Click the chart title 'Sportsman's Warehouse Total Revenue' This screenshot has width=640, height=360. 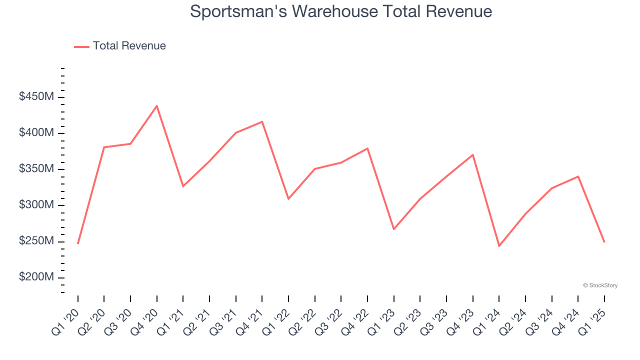click(341, 11)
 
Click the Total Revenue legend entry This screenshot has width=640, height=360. click(120, 46)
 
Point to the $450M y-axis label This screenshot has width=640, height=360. click(36, 96)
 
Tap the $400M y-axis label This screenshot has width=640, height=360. click(36, 133)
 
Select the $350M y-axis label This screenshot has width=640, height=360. click(36, 169)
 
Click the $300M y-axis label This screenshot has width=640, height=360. click(36, 205)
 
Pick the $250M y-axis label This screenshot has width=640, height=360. click(36, 241)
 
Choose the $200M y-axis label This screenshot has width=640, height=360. click(36, 277)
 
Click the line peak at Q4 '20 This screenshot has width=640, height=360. click(156, 106)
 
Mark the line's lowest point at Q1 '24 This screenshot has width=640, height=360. click(499, 246)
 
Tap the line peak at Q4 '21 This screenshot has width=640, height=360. click(262, 122)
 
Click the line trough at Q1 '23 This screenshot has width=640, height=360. click(393, 229)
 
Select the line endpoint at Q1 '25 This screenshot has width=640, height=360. click(604, 242)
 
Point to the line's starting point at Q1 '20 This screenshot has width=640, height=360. click(78, 243)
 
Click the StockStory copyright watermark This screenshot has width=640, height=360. click(600, 285)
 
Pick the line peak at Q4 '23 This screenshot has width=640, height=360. click(472, 155)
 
